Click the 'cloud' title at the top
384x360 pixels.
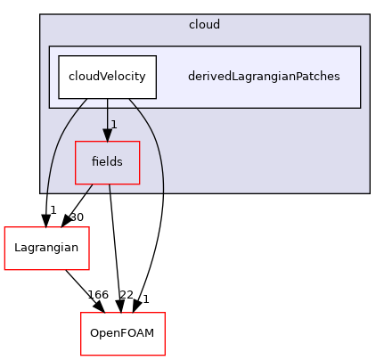[204, 24]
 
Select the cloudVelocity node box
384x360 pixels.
[107, 77]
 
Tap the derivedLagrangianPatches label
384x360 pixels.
[263, 77]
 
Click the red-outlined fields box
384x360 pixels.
[107, 162]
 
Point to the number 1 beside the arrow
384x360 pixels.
[114, 123]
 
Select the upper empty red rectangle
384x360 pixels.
[46, 248]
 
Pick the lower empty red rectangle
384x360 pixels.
[123, 333]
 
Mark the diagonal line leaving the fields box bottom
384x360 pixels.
[88, 188]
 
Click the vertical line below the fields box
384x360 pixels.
[110, 188]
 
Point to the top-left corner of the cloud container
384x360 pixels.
[41, 15]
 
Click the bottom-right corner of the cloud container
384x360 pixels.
[368, 192]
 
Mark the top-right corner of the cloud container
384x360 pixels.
[368, 15]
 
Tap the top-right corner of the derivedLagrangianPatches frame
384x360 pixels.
[360, 46]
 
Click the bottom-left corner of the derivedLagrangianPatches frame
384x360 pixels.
[49, 107]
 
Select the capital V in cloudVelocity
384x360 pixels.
[101, 77]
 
